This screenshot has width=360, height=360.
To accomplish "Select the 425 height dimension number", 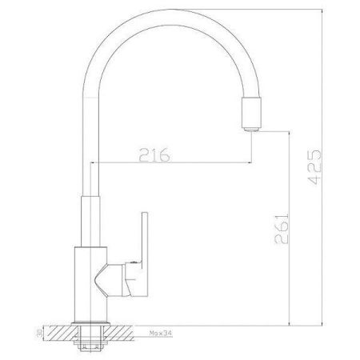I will tap(314, 168).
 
